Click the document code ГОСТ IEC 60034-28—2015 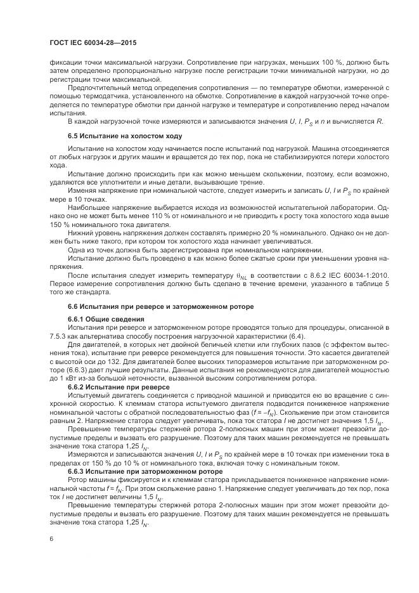(93, 42)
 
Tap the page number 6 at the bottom (50, 538)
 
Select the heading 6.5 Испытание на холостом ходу (124, 136)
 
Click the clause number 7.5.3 (58, 335)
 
